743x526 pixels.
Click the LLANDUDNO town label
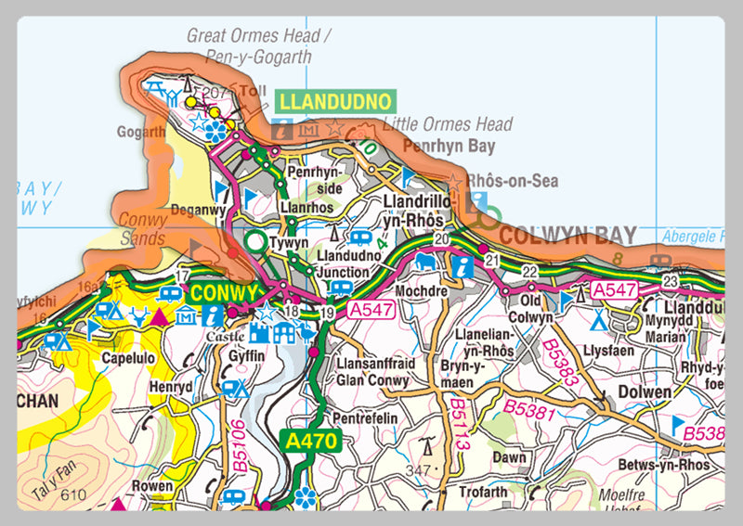pyautogui.click(x=335, y=100)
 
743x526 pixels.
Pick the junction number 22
pyautogui.click(x=529, y=270)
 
